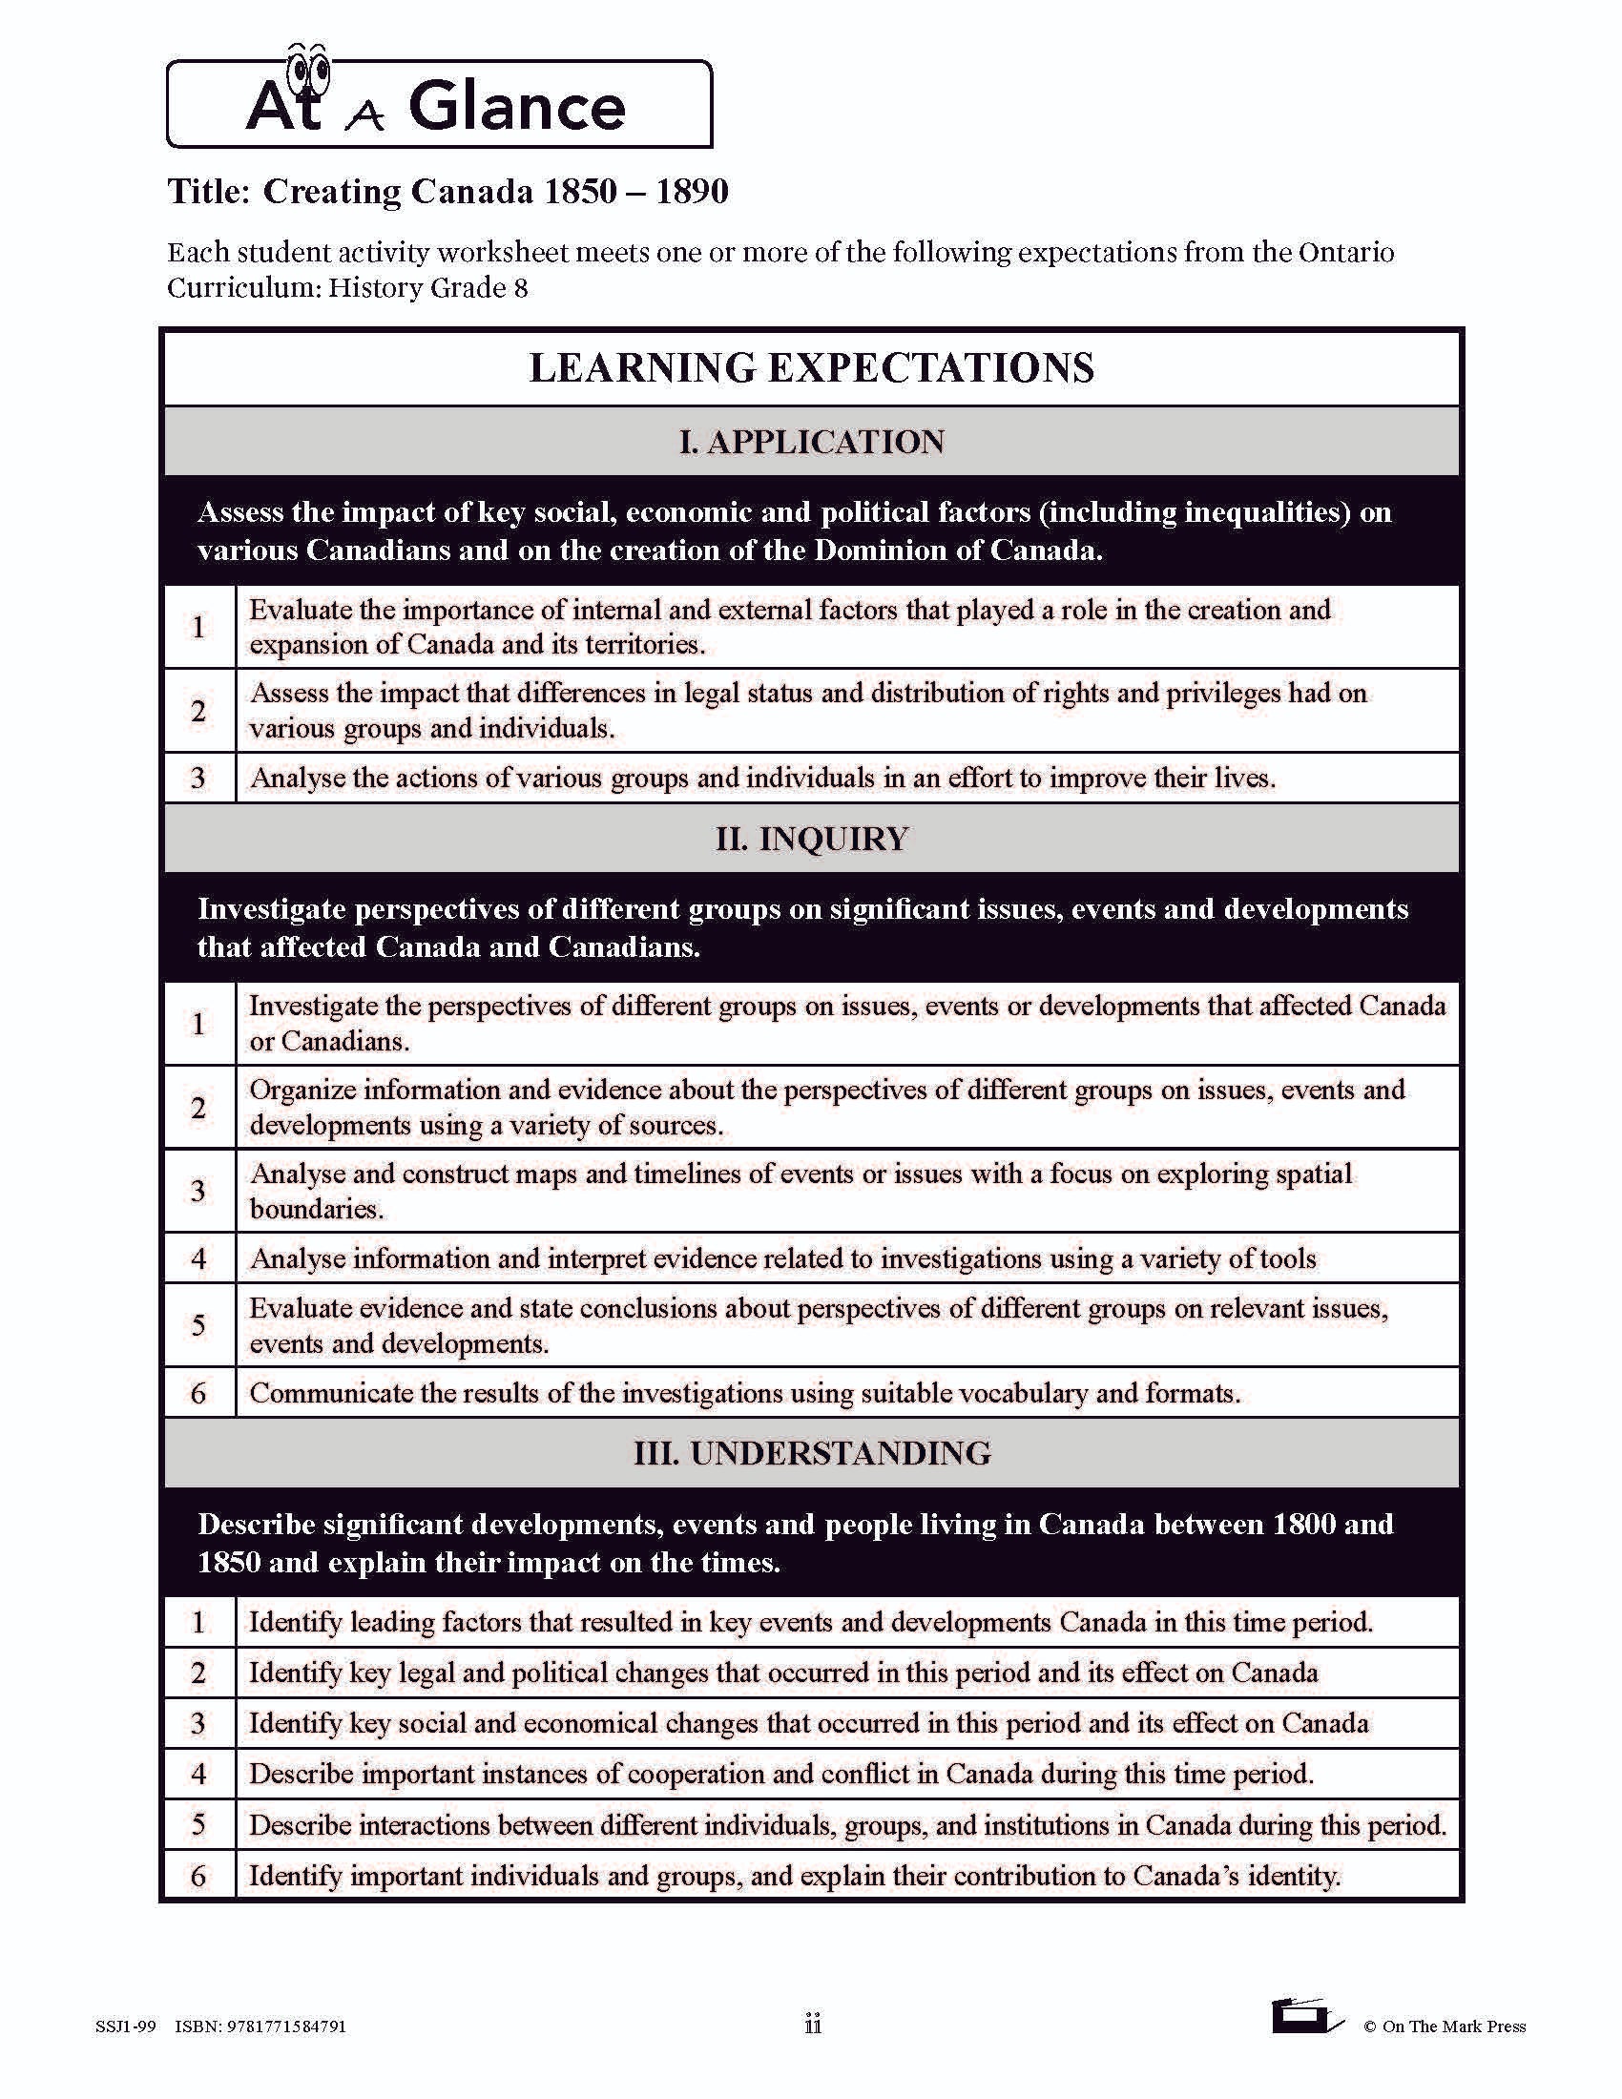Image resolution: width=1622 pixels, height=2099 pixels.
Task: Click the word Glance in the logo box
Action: coord(517,107)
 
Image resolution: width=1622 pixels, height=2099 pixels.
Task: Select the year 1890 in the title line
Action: coord(692,191)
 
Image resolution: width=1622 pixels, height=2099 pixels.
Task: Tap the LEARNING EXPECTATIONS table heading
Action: coord(811,368)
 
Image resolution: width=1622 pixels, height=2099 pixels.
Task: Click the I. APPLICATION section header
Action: coord(811,441)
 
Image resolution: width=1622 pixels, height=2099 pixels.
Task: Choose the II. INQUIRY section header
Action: coord(811,838)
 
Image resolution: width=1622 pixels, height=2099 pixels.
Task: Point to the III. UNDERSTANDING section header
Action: coord(811,1452)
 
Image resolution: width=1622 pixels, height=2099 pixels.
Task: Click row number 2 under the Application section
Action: coord(198,711)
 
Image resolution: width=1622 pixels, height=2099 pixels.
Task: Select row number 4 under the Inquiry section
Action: coord(198,1258)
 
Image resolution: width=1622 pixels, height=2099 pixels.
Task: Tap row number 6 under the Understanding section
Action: coord(198,1875)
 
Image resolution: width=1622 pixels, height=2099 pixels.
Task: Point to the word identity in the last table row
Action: coord(1293,1875)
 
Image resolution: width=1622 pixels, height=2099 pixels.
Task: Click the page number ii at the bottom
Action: coord(812,2024)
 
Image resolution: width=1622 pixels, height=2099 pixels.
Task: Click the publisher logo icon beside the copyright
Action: coord(1306,2016)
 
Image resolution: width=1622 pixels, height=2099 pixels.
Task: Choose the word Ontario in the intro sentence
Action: coord(1345,253)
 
